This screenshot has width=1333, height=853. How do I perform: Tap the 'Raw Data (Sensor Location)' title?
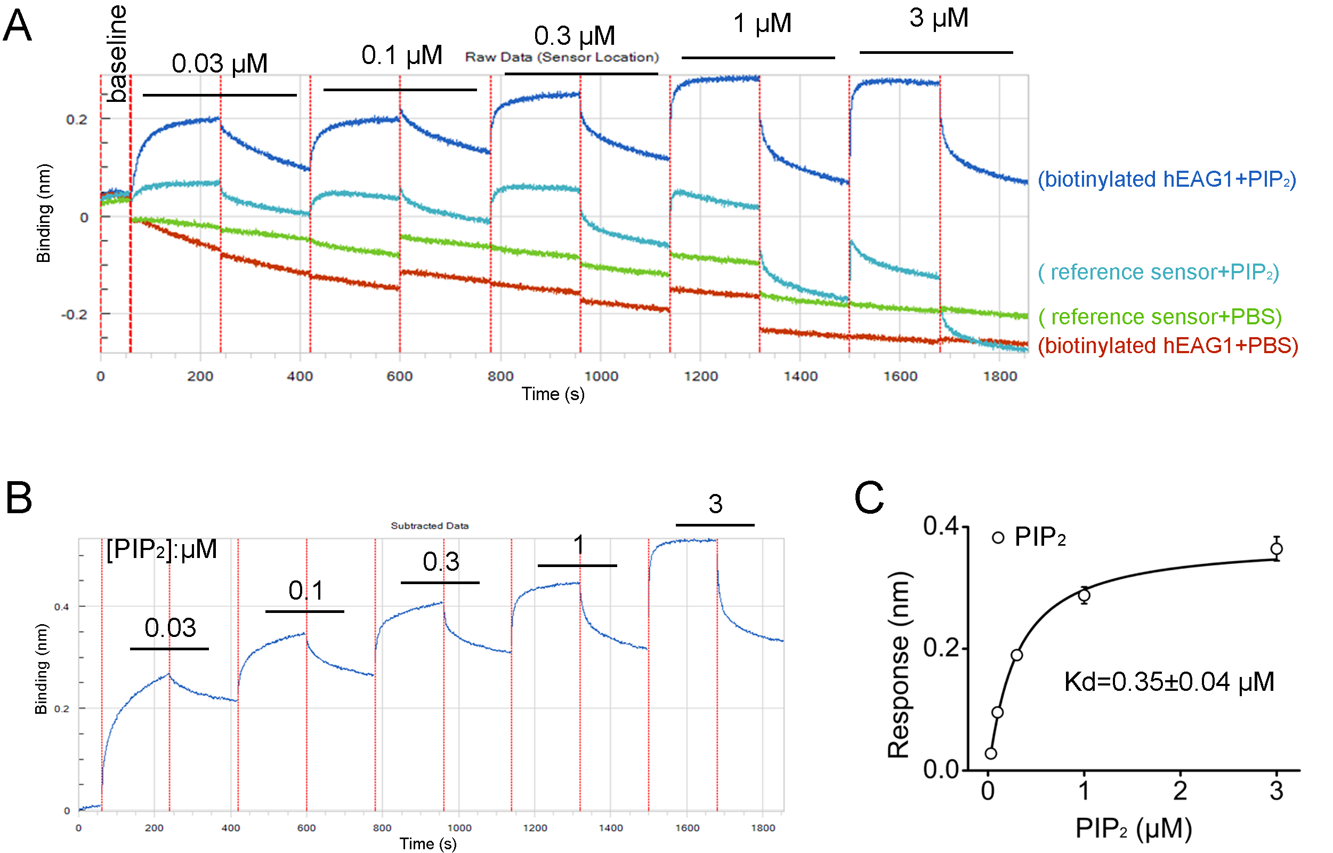pyautogui.click(x=561, y=57)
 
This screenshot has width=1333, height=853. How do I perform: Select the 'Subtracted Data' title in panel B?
pyautogui.click(x=430, y=525)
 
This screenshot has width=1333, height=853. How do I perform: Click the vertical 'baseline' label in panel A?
pyautogui.click(x=117, y=54)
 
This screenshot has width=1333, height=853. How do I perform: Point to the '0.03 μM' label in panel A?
pyautogui.click(x=219, y=63)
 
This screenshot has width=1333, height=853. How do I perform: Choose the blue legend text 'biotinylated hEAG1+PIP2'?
pyautogui.click(x=1166, y=179)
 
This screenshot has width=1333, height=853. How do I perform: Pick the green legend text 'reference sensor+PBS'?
pyautogui.click(x=1160, y=317)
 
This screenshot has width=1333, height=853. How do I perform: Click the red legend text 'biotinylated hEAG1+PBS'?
pyautogui.click(x=1167, y=346)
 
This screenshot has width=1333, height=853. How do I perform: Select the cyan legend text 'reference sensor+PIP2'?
pyautogui.click(x=1158, y=272)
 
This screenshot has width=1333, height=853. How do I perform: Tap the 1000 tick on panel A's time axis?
pyautogui.click(x=601, y=377)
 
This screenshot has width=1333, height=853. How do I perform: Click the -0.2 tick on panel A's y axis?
pyautogui.click(x=74, y=315)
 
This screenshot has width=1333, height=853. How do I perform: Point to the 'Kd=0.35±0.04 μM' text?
pyautogui.click(x=1169, y=682)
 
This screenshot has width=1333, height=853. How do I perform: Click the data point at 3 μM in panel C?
pyautogui.click(x=1276, y=549)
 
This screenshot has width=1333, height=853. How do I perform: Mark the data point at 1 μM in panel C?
pyautogui.click(x=1084, y=595)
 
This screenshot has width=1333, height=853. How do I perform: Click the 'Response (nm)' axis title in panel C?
pyautogui.click(x=898, y=665)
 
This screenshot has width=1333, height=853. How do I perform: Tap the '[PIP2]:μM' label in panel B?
pyautogui.click(x=161, y=549)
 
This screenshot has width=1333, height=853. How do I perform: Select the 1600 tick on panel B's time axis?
pyautogui.click(x=686, y=828)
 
